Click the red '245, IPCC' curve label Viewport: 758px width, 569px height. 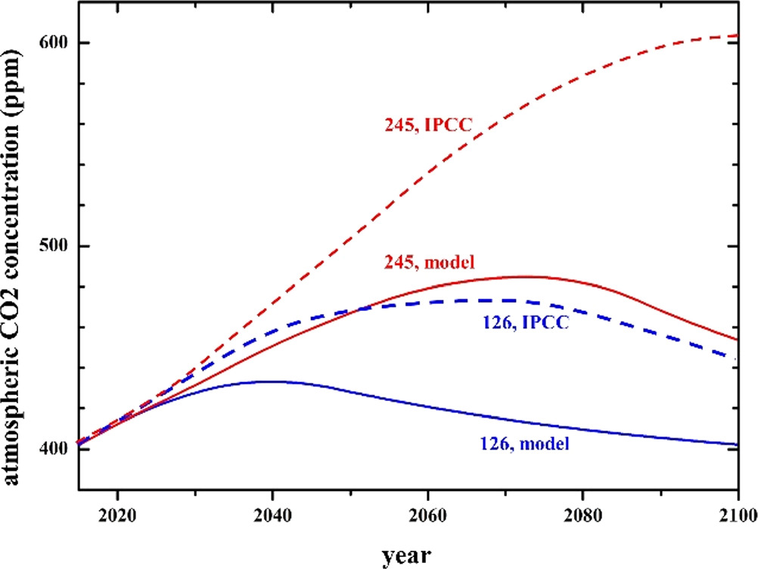[429, 126]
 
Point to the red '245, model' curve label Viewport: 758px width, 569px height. [429, 263]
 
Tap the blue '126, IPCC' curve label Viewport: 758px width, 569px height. [525, 323]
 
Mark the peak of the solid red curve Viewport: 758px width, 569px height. [522, 277]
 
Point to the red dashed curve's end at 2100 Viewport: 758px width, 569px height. [738, 36]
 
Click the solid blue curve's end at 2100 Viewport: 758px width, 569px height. [738, 445]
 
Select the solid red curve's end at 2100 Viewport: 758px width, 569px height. [738, 340]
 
